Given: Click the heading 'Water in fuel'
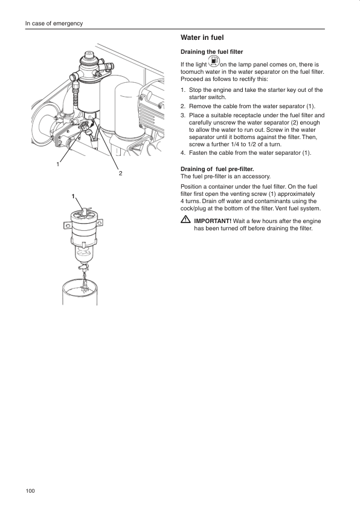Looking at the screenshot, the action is tap(202, 37).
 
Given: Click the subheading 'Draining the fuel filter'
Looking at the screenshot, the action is tap(211, 52).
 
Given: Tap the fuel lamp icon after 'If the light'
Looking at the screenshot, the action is tap(213, 61).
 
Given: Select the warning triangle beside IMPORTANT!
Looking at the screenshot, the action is tap(185, 220).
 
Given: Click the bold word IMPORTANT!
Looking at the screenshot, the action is tap(213, 221).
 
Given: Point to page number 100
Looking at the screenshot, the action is tap(30, 490).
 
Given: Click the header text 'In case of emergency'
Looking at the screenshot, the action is tap(54, 24).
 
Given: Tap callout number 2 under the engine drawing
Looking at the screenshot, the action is tap(120, 173).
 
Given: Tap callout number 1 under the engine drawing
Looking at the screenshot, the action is tap(58, 164).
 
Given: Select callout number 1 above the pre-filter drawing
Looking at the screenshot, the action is tap(73, 196).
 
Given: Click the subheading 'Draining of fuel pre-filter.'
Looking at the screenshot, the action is tap(217, 169).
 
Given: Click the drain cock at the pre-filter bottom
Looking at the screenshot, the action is tap(83, 267).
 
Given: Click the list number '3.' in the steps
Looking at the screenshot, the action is tap(183, 115).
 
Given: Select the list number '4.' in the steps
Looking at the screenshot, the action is tap(183, 153).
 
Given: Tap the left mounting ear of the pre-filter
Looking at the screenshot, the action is tap(68, 225).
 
